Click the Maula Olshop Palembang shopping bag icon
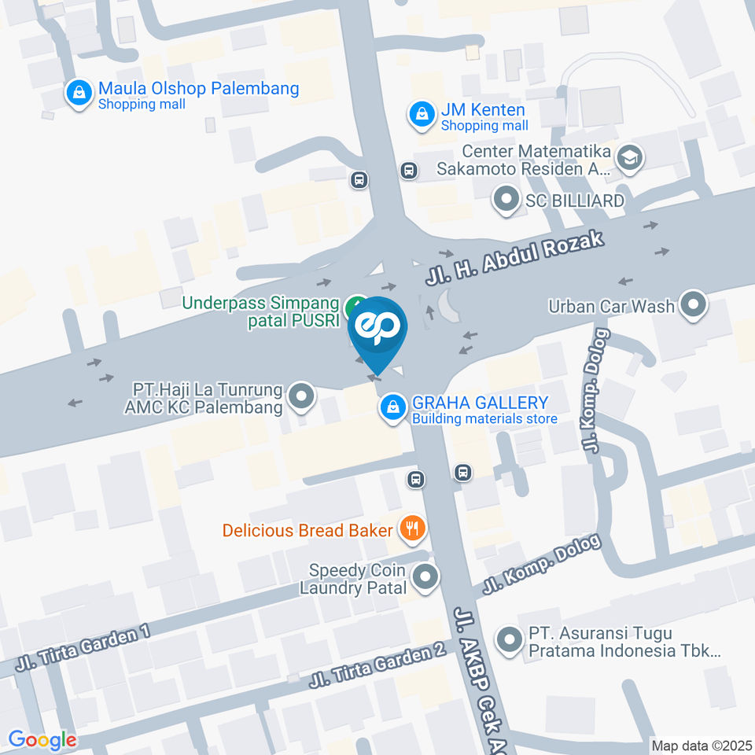pyautogui.click(x=79, y=94)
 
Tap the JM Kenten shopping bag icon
pyautogui.click(x=422, y=116)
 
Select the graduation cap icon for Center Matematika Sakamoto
pyautogui.click(x=630, y=158)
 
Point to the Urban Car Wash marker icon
pyautogui.click(x=693, y=305)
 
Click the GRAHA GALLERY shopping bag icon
pyautogui.click(x=392, y=407)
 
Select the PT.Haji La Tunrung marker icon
pyautogui.click(x=300, y=398)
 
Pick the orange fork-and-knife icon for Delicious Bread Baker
pyautogui.click(x=411, y=528)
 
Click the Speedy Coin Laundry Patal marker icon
pyautogui.click(x=425, y=578)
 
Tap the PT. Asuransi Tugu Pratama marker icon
pyautogui.click(x=510, y=640)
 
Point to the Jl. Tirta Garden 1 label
pyautogui.click(x=82, y=650)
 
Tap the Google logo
pyautogui.click(x=42, y=740)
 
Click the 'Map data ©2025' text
pyautogui.click(x=701, y=745)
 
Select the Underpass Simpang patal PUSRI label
pyautogui.click(x=260, y=311)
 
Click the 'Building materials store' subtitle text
pyautogui.click(x=484, y=418)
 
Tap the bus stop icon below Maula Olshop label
pyautogui.click(x=359, y=180)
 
